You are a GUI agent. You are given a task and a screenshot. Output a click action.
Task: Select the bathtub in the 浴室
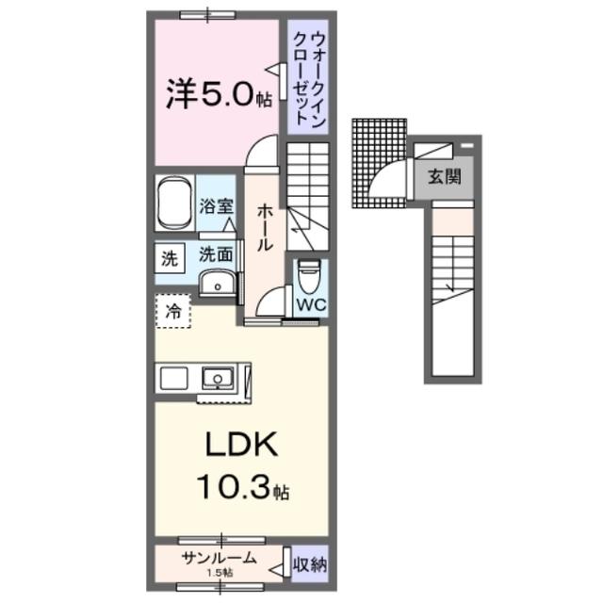174,202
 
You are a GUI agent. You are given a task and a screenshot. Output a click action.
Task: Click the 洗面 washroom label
216,253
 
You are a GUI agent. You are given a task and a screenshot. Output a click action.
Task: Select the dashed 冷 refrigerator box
173,312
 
